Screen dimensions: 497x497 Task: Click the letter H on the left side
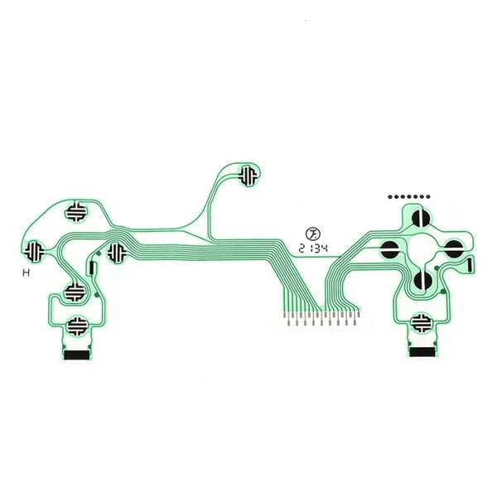tap(27, 273)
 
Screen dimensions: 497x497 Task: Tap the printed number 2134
tap(313, 248)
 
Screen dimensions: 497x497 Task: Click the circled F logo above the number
tap(313, 234)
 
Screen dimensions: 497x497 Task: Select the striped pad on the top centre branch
tap(248, 176)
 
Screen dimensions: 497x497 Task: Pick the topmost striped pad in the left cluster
tap(75, 212)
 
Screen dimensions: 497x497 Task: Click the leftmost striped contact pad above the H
tap(35, 251)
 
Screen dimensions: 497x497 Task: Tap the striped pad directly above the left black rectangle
tap(76, 326)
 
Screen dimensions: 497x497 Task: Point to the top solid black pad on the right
tap(422, 218)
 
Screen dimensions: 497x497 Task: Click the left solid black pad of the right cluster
tap(389, 249)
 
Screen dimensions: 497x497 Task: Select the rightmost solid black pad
tap(454, 249)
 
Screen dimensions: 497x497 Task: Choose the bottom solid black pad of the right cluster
tap(423, 281)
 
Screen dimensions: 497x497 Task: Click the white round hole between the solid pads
tap(422, 249)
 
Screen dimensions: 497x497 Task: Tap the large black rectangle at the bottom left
tap(76, 355)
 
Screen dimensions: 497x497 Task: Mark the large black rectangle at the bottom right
tap(422, 352)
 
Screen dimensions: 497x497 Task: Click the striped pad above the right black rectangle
tap(422, 323)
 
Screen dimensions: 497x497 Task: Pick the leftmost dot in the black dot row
tap(390, 197)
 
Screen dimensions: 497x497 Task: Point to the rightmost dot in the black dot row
tap(428, 197)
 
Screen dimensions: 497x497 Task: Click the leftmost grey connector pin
tap(284, 316)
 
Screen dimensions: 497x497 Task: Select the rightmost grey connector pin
tap(359, 315)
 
